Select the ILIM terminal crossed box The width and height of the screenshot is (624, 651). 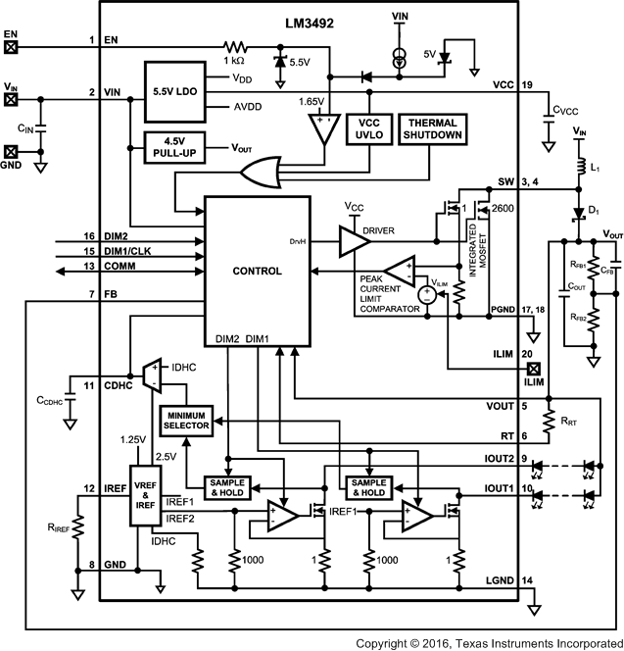(534, 370)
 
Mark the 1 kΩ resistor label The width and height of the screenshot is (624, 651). (235, 61)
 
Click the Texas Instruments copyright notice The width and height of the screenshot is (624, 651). (486, 642)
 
